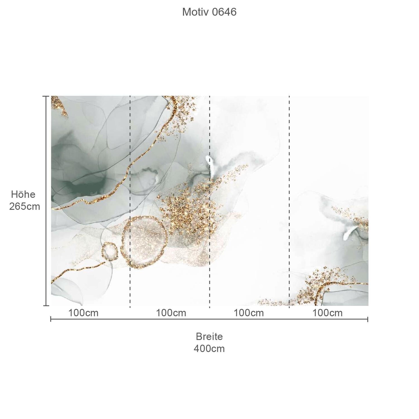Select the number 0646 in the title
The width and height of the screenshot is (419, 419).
(x=224, y=12)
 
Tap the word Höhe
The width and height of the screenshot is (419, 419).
(x=23, y=194)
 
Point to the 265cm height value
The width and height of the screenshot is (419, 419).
(x=25, y=206)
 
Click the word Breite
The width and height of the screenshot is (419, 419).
(x=209, y=336)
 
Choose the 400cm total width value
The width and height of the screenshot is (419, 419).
(x=209, y=349)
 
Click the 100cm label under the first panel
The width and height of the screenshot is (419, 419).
(x=84, y=313)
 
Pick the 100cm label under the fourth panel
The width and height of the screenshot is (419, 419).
(x=327, y=313)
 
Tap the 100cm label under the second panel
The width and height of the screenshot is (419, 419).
(x=171, y=313)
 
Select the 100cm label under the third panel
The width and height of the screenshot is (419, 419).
(x=249, y=313)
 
